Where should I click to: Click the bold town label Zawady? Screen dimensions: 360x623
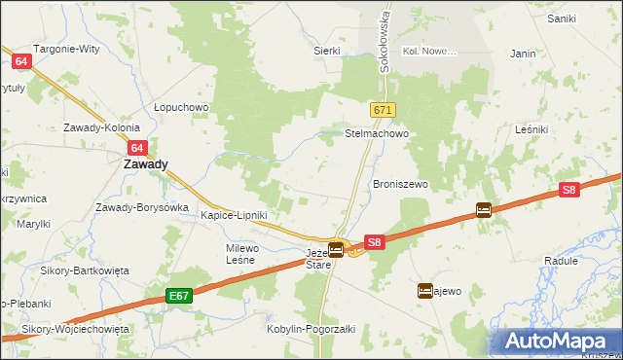coord(145,164)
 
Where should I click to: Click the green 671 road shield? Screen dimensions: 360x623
coord(382,111)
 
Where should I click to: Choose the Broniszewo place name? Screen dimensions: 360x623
coord(401,184)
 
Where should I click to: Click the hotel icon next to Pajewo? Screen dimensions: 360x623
coord(425,290)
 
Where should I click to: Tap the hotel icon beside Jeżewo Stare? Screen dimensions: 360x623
coord(336,250)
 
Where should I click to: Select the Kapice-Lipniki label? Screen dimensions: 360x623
coord(234,215)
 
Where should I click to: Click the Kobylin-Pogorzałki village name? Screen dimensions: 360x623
coord(311,329)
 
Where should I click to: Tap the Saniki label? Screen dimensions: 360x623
coord(562,18)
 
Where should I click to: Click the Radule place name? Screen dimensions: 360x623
coord(562,262)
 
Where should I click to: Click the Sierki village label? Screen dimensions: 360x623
coord(327,50)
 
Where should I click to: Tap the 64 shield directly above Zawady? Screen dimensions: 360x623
coord(137,148)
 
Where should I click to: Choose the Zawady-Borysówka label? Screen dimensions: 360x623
coord(141,207)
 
